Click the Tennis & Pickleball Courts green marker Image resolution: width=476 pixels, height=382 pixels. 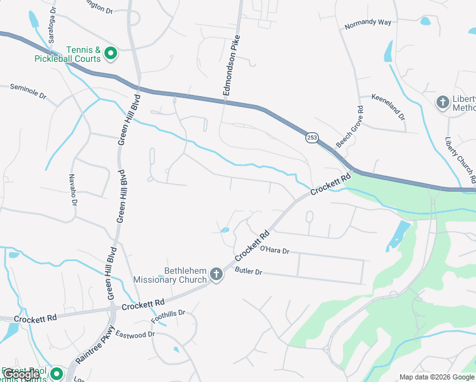point(110,53)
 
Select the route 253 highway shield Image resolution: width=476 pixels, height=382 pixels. point(311,138)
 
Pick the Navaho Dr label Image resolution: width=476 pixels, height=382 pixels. point(73,190)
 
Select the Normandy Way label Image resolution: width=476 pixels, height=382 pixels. point(367,24)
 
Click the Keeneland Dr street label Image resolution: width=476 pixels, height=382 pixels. point(388,105)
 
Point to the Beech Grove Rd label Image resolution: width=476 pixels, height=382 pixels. point(349,126)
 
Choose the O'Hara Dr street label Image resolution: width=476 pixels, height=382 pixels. point(274,251)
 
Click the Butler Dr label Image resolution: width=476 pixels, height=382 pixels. point(248,271)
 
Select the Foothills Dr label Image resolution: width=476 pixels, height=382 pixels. point(168,315)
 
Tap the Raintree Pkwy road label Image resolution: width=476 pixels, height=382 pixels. point(94,345)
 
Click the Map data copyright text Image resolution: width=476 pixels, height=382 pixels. point(437,377)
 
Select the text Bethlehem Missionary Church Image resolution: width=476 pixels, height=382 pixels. point(169,275)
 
